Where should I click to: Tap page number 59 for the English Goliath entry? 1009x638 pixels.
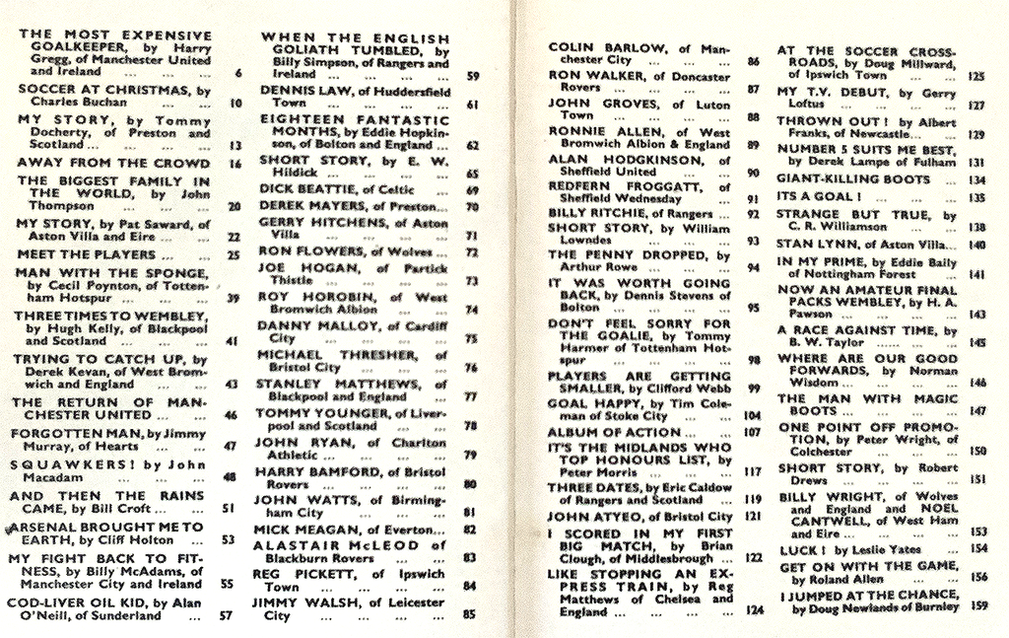[x=472, y=75]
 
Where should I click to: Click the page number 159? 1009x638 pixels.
[x=978, y=606]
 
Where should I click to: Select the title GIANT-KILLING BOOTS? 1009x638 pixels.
[x=853, y=179]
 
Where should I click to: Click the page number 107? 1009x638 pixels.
[x=753, y=432]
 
